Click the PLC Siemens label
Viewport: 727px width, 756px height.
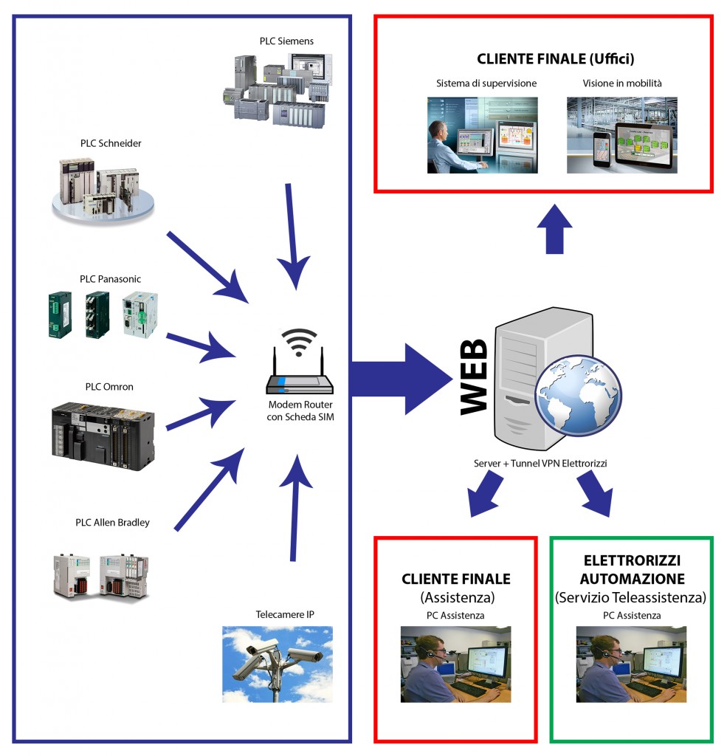tap(286, 41)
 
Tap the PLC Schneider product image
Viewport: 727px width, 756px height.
tap(103, 188)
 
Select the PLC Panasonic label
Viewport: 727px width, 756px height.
tap(111, 279)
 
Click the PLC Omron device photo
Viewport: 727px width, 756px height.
tap(103, 436)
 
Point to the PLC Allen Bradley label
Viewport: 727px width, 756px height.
tap(112, 523)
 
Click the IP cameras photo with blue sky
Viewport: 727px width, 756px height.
tap(278, 664)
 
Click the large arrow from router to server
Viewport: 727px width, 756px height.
tap(399, 379)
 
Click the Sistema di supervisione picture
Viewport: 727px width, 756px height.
tap(482, 135)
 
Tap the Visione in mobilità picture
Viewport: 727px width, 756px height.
tap(621, 135)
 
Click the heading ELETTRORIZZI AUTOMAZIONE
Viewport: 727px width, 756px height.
tap(632, 570)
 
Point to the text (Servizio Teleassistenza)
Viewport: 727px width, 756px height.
tap(630, 597)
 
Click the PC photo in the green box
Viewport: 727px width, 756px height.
tap(630, 664)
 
